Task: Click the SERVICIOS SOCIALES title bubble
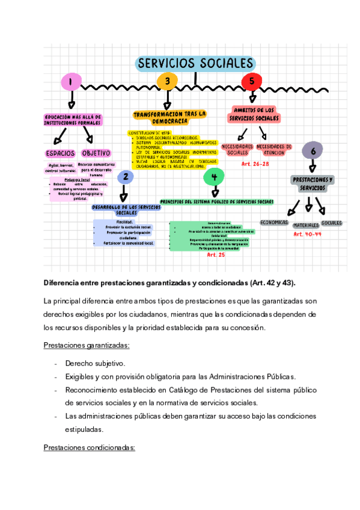tap(195, 63)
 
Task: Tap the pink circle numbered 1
tap(71, 81)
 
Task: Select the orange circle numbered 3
tap(167, 81)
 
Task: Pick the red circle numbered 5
tap(251, 81)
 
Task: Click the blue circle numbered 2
tap(124, 176)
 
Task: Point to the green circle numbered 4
tap(213, 176)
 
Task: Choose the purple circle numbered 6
tap(312, 150)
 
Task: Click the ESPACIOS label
tap(60, 153)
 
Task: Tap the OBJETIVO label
tap(96, 153)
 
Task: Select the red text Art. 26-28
tap(255, 164)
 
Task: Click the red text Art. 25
tap(216, 255)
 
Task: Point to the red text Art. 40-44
tap(307, 234)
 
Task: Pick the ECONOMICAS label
tap(274, 222)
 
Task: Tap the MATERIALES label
tap(305, 225)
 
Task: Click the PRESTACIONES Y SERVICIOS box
tap(313, 183)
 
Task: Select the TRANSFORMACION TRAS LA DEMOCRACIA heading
tap(169, 117)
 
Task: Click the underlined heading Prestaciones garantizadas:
tap(87, 345)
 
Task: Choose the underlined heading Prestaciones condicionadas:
tap(90, 447)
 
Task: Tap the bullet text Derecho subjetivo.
tap(95, 363)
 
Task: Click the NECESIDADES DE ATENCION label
tap(274, 149)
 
